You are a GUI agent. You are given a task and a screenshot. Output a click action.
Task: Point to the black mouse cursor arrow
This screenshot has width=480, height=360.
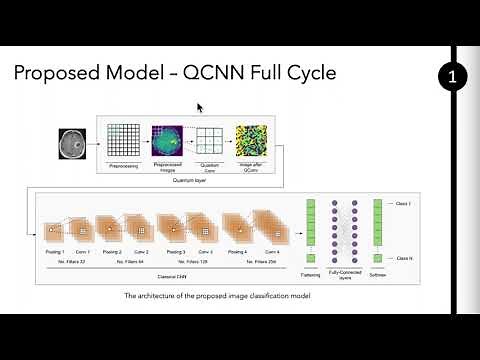(200, 108)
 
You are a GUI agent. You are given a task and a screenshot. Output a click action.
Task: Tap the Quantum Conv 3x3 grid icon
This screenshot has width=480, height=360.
(208, 139)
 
